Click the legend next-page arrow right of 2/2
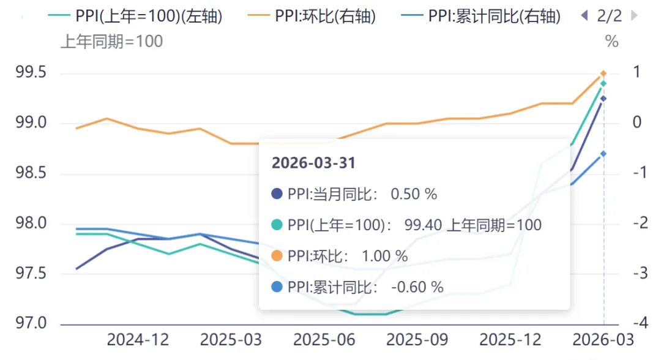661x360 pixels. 634,16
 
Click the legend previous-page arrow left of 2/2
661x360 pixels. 584,16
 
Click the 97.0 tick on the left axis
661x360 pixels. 30,323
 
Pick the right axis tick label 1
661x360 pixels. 637,72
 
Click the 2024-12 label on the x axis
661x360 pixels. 138,340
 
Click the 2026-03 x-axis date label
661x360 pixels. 603,340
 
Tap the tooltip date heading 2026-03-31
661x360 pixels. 313,163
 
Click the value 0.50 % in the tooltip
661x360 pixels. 413,194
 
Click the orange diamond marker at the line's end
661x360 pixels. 603,73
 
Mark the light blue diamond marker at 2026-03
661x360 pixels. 603,154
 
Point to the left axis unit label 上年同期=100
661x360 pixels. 111,42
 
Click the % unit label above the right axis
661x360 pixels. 611,42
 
